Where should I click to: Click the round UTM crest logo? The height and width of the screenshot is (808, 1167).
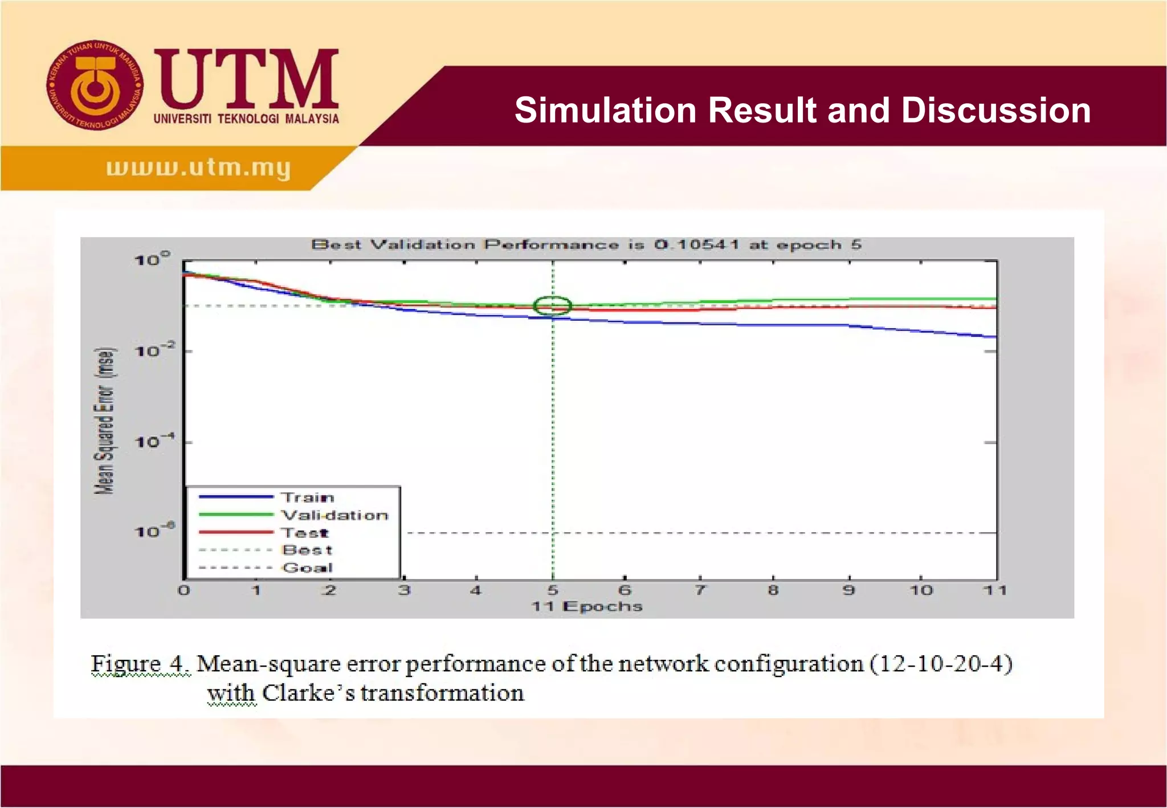95,85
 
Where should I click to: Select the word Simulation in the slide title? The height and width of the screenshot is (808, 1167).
606,110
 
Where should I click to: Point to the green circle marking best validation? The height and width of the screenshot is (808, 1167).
552,306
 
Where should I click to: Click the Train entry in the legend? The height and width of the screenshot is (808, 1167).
308,497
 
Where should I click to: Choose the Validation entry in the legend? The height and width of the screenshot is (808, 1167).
335,515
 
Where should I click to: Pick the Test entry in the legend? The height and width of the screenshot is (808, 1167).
305,533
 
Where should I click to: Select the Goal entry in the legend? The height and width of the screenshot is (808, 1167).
307,568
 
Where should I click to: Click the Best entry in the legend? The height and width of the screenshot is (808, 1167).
307,550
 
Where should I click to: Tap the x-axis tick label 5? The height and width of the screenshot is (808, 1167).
553,590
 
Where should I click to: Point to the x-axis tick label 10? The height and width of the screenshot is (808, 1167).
921,590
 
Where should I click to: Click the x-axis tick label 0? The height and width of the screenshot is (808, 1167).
183,590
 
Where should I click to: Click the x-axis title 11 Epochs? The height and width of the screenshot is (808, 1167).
587,606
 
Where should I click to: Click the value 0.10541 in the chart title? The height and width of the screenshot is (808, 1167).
696,245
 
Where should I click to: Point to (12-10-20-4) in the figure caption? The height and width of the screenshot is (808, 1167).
941,664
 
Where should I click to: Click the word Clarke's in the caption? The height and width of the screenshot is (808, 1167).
308,693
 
